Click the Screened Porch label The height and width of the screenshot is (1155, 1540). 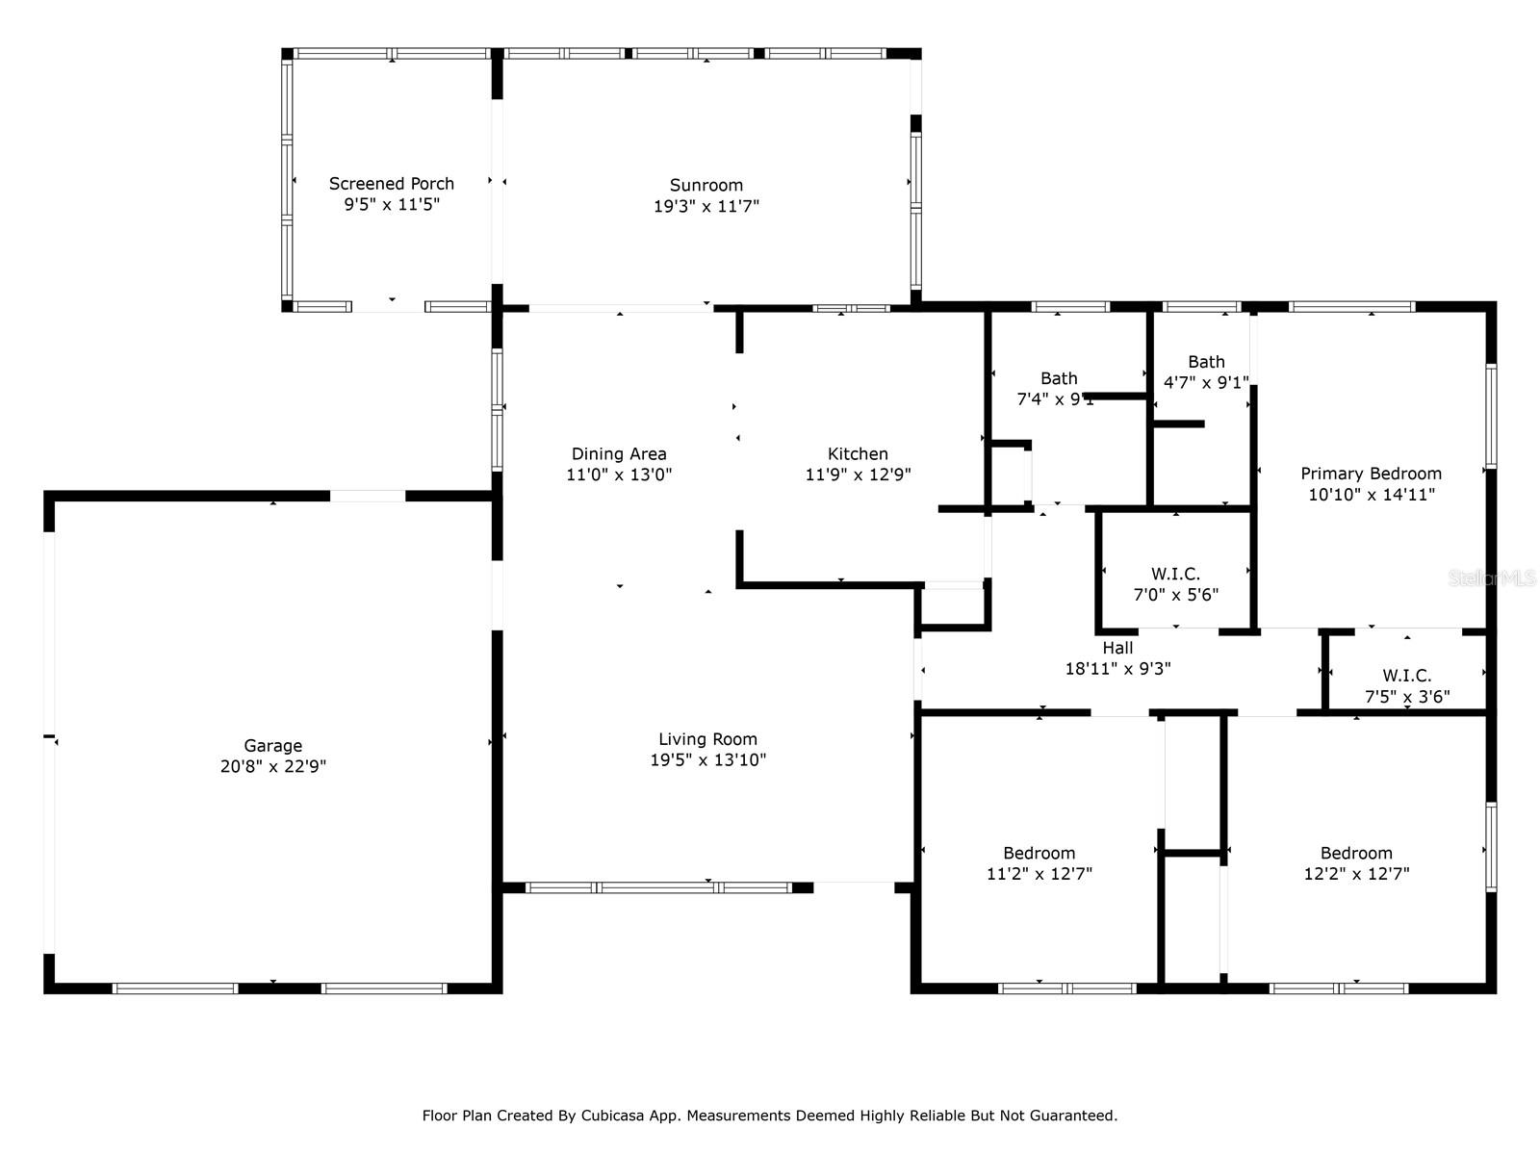(x=391, y=183)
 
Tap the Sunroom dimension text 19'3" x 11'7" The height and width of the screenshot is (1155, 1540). (x=706, y=205)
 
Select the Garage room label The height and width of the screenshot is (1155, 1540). (x=272, y=745)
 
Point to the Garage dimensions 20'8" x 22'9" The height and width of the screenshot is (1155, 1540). (x=272, y=766)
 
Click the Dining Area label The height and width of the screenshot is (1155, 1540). (x=619, y=453)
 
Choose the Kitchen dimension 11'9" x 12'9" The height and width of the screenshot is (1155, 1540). (x=858, y=474)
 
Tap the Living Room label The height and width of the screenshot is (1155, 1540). (x=707, y=738)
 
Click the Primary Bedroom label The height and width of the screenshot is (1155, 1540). (x=1371, y=473)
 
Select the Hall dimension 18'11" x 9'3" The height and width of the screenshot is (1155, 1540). (x=1117, y=668)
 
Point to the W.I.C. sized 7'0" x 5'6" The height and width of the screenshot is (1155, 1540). (x=1175, y=574)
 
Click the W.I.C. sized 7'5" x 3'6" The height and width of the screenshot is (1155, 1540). (x=1407, y=676)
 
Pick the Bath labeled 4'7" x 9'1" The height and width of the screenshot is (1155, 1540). (x=1206, y=362)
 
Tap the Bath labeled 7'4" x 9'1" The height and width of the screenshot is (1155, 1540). (x=1059, y=378)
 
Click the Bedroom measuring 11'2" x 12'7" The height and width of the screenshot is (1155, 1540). (x=1039, y=853)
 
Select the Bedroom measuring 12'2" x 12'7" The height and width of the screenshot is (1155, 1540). (x=1356, y=853)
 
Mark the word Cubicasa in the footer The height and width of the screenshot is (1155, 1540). (x=615, y=1116)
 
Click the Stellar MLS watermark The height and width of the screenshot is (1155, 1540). (x=1492, y=578)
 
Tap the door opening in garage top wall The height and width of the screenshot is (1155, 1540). (x=368, y=496)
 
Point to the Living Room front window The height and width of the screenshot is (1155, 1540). (x=658, y=887)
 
